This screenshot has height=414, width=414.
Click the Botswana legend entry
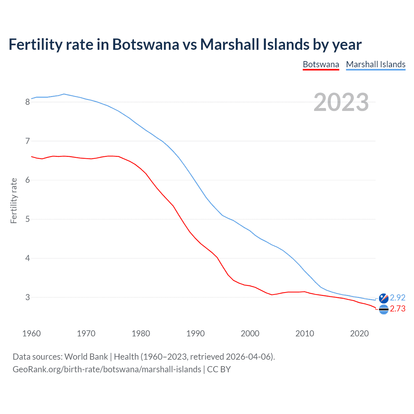click(x=321, y=64)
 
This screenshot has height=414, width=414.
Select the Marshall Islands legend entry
click(x=376, y=64)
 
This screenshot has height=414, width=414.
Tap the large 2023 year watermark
click(x=341, y=102)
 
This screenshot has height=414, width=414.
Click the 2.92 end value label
click(x=398, y=298)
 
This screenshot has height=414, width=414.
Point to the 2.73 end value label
click(x=398, y=309)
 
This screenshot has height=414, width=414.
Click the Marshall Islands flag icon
click(x=384, y=298)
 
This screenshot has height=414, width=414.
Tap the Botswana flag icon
click(x=384, y=310)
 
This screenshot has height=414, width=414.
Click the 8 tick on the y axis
click(x=27, y=102)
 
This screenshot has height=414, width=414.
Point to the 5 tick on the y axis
click(x=27, y=219)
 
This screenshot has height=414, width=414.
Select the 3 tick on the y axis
click(x=27, y=297)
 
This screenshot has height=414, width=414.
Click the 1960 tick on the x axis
click(x=31, y=333)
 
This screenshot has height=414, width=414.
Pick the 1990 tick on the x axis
click(x=195, y=333)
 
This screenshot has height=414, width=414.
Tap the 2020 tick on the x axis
click(x=359, y=333)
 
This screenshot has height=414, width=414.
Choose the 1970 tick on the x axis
click(x=86, y=333)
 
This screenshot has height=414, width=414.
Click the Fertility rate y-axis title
click(x=14, y=201)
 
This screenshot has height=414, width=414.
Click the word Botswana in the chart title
click(x=146, y=44)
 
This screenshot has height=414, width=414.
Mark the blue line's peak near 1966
click(x=64, y=94)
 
